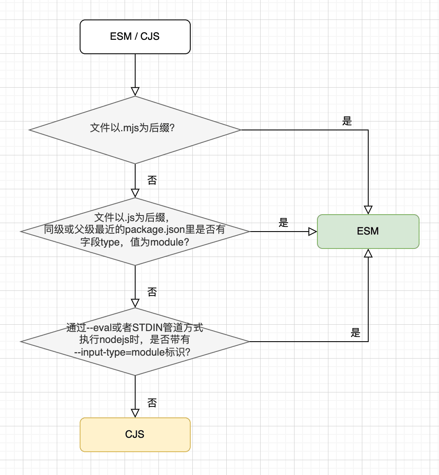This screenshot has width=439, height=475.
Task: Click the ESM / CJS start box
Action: [135, 36]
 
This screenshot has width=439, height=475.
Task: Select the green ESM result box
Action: [368, 231]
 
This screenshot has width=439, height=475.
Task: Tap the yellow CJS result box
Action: [135, 434]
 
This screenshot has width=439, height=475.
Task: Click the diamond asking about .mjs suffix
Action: [135, 130]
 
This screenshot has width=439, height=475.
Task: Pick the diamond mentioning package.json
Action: [135, 231]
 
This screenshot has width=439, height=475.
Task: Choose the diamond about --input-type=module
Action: [135, 341]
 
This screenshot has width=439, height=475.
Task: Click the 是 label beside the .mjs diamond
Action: [347, 122]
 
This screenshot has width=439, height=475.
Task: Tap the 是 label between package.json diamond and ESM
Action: [283, 223]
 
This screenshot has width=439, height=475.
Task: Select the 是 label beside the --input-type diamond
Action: [356, 333]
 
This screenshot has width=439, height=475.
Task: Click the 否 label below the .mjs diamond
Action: [152, 181]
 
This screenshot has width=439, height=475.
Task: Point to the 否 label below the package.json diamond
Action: [152, 292]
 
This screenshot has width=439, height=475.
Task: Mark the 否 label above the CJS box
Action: [152, 403]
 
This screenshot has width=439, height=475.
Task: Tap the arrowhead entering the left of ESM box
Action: [313, 232]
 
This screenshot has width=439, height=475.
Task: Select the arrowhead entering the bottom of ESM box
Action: [368, 253]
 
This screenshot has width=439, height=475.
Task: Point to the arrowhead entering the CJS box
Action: [135, 413]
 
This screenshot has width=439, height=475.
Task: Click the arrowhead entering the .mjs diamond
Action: [135, 91]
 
